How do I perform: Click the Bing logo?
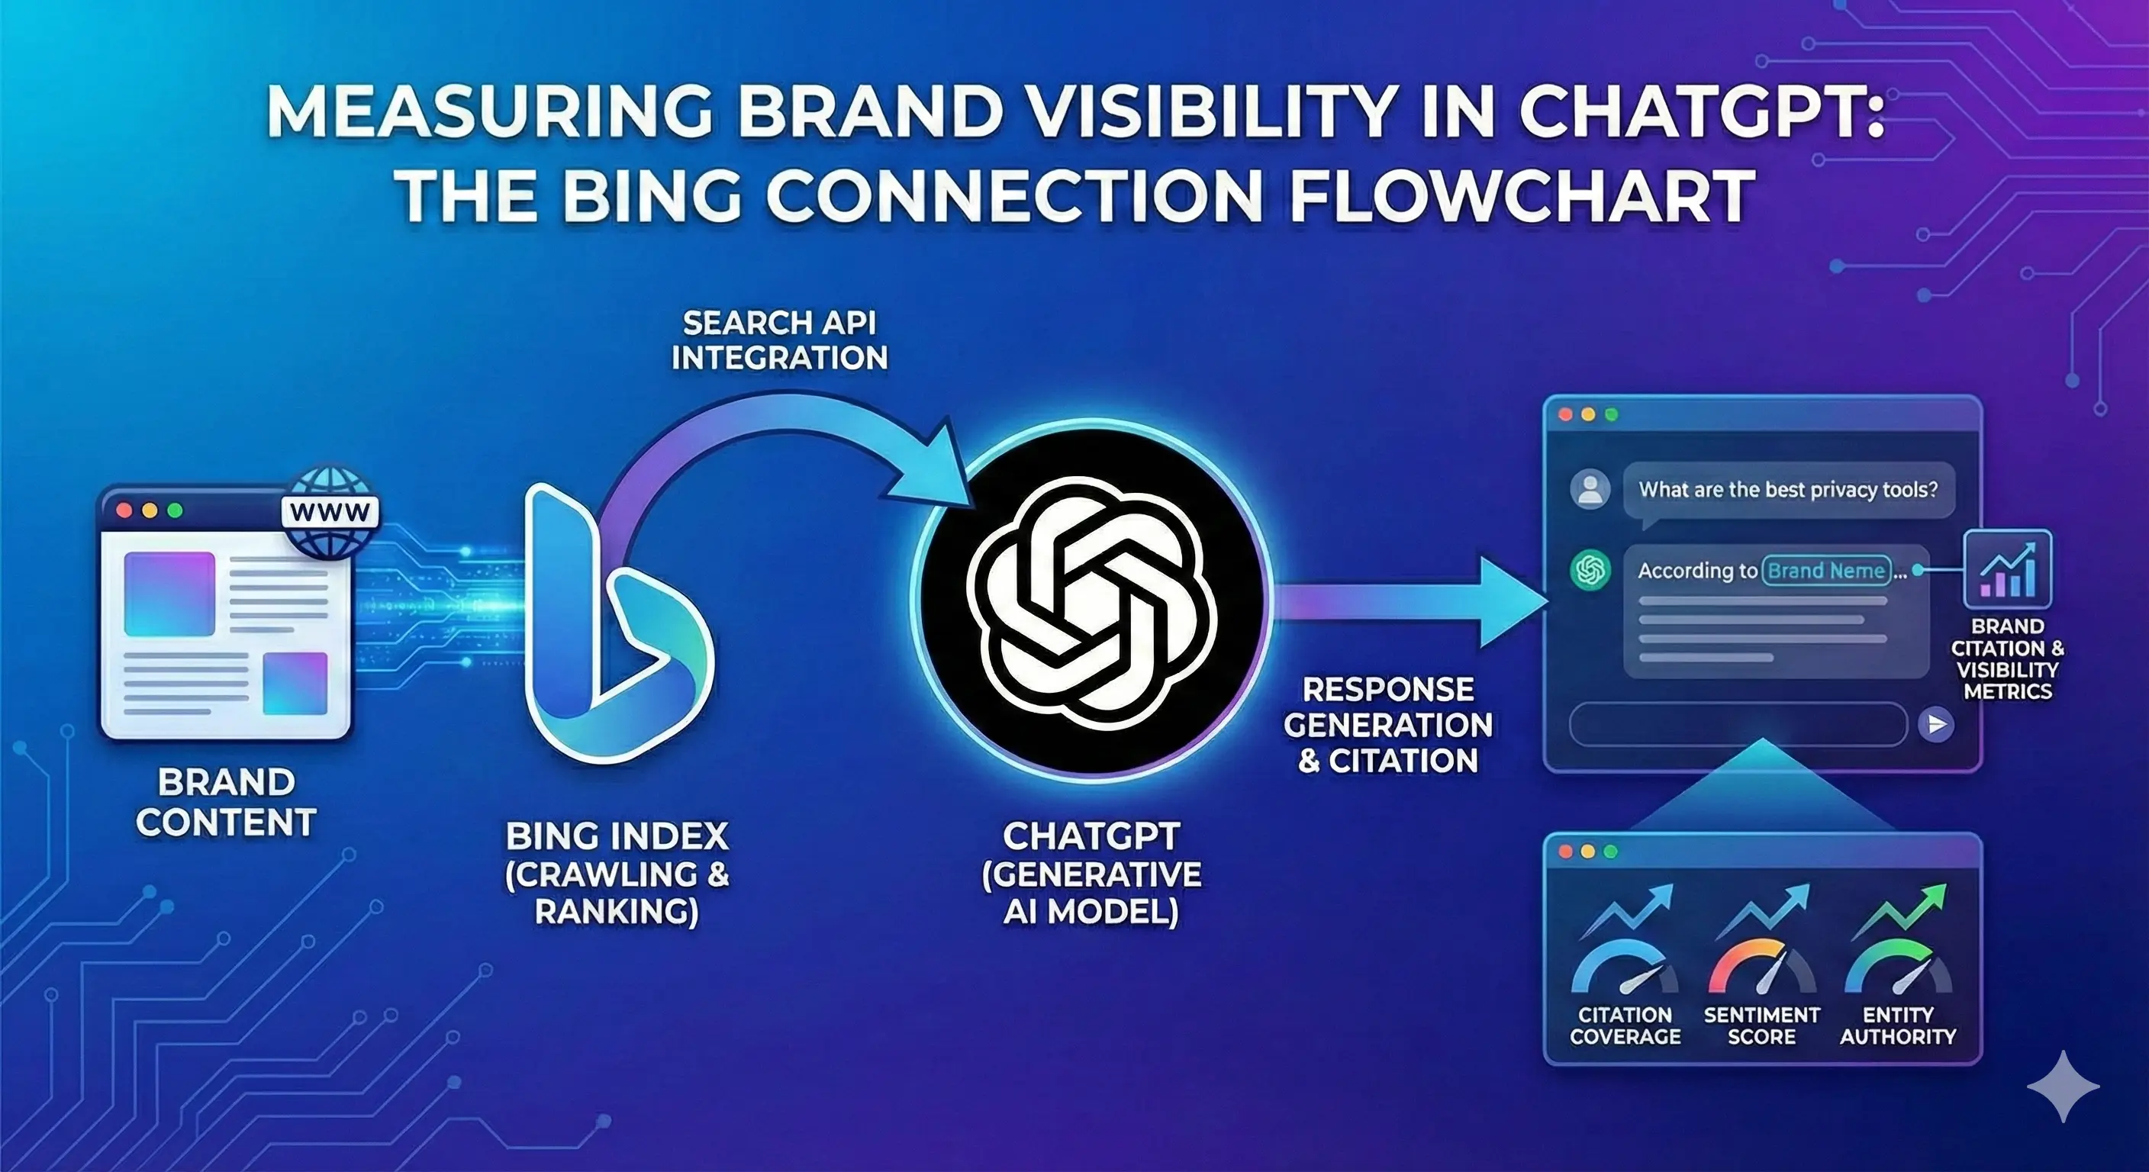click(x=617, y=626)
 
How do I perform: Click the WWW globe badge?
click(x=330, y=510)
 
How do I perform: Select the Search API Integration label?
click(x=779, y=340)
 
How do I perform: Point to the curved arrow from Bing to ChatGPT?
click(x=776, y=433)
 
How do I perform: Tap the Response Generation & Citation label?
click(x=1388, y=725)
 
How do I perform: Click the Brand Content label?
click(x=225, y=802)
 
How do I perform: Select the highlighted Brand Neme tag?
click(x=1826, y=571)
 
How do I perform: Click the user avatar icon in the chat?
click(x=1590, y=490)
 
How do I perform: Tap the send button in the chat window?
click(x=1935, y=724)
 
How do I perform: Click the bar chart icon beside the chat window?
click(x=2007, y=569)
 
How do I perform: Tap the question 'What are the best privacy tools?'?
click(x=1788, y=490)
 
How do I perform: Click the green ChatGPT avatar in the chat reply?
click(x=1590, y=571)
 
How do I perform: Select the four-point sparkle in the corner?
click(x=2062, y=1086)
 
